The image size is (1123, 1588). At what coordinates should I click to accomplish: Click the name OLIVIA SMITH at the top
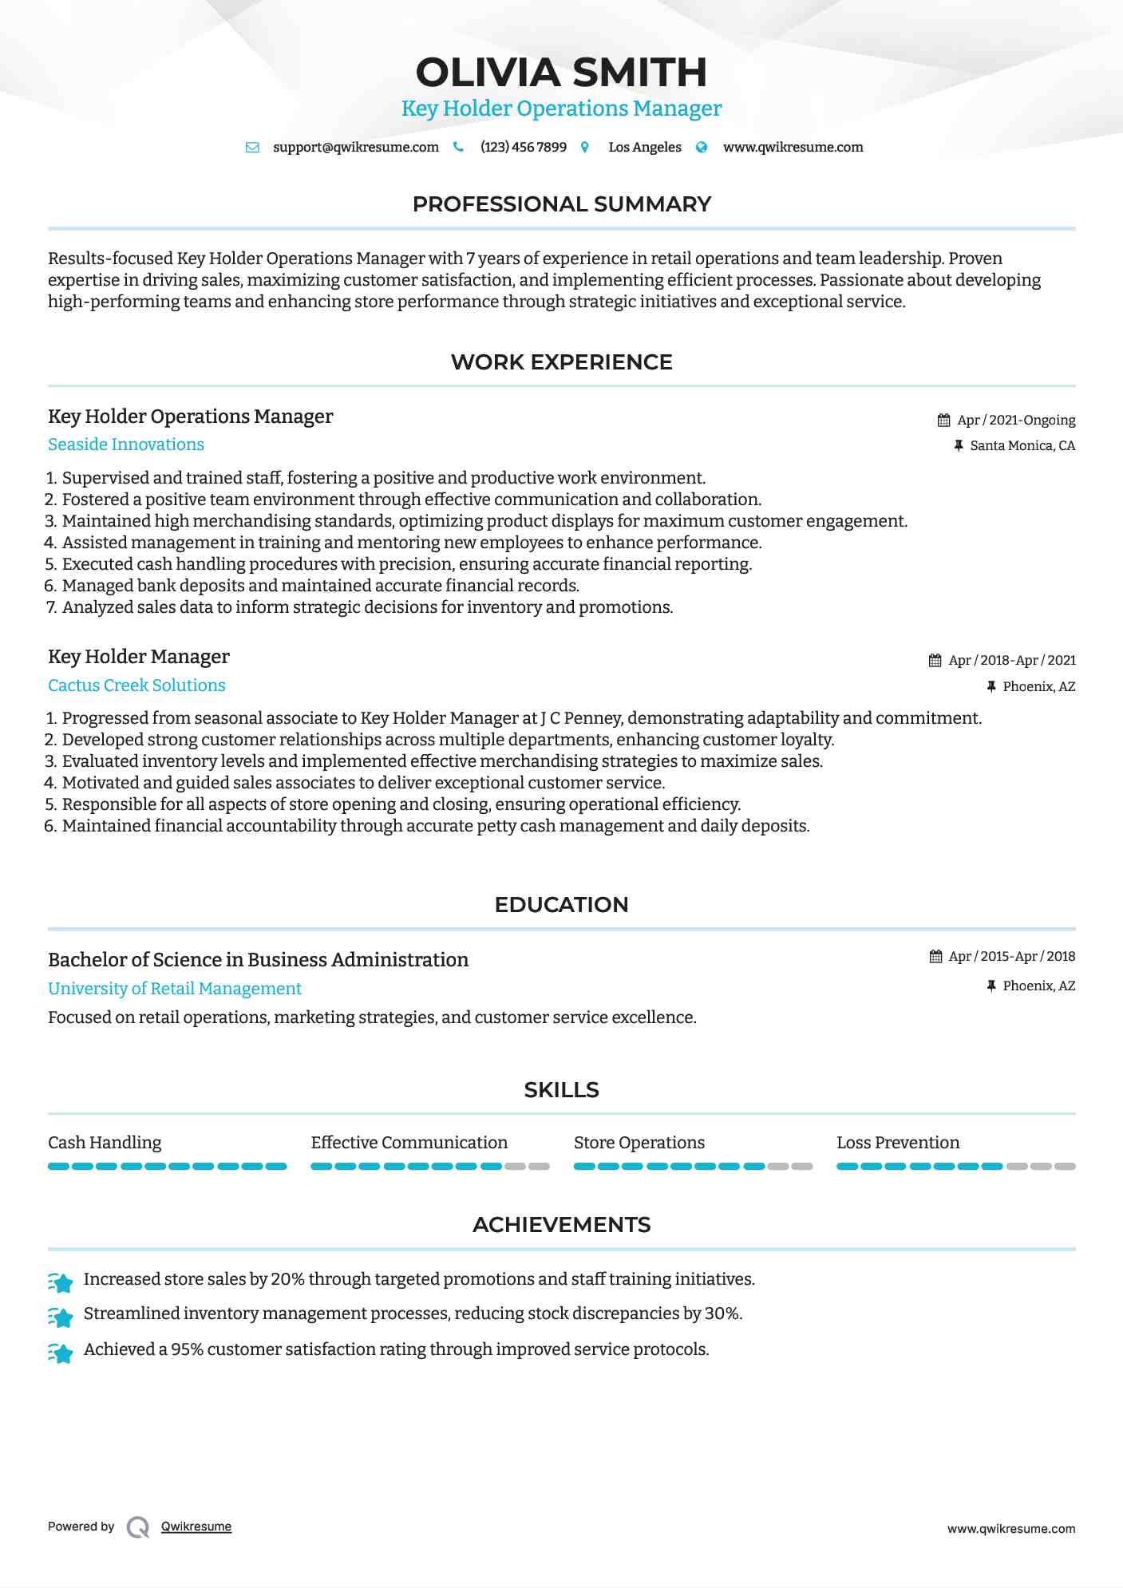tap(561, 73)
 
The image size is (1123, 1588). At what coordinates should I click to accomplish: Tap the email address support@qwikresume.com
tap(355, 148)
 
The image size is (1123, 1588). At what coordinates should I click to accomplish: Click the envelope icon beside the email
tap(252, 148)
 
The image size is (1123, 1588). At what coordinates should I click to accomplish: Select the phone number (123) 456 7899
tap(523, 148)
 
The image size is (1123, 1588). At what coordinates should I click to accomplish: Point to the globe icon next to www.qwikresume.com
tap(702, 148)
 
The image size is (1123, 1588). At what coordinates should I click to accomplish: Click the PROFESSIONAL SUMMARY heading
tap(561, 204)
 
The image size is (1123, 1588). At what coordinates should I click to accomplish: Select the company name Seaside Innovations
tap(126, 444)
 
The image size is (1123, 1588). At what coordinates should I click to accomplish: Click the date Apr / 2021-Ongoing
tap(1015, 421)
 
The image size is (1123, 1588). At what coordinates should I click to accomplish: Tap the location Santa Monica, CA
tap(1022, 446)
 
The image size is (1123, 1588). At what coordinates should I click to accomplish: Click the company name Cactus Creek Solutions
tap(136, 685)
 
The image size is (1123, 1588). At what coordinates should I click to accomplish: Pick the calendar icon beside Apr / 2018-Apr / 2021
tap(935, 661)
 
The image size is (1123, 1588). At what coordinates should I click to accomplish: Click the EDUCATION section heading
tap(561, 905)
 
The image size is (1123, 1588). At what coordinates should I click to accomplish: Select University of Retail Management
tap(175, 989)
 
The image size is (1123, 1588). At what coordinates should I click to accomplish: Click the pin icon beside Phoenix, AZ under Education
tap(991, 986)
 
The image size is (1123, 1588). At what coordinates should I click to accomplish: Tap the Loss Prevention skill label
tap(898, 1143)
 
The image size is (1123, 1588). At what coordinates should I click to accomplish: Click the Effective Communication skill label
tap(409, 1143)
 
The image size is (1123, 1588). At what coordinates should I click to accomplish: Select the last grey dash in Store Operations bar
tap(802, 1167)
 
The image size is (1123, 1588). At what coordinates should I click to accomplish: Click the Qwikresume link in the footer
tap(196, 1527)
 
